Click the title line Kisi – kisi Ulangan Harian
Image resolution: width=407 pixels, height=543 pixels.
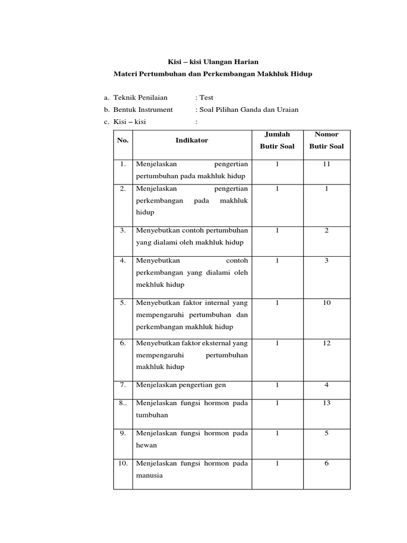[213, 62]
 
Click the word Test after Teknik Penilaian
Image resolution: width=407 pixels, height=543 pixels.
[206, 98]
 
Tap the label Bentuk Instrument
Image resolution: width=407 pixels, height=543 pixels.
[143, 110]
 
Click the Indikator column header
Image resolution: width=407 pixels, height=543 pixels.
[192, 141]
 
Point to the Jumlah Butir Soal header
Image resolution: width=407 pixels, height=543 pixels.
[277, 141]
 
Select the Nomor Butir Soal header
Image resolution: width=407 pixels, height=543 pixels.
[326, 141]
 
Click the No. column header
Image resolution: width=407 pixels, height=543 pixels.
[123, 141]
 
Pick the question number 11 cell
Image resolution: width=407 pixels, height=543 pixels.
[326, 164]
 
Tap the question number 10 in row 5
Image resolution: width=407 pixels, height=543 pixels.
[326, 303]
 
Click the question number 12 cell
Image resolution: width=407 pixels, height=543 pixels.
[326, 343]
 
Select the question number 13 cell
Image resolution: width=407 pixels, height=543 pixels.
[326, 404]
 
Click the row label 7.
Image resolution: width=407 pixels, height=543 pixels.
[122, 385]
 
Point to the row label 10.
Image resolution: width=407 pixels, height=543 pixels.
[122, 463]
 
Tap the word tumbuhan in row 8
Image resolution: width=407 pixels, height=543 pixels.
[152, 416]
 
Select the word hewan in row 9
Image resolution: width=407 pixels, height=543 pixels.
[147, 445]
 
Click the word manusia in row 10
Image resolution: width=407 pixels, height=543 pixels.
[149, 476]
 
